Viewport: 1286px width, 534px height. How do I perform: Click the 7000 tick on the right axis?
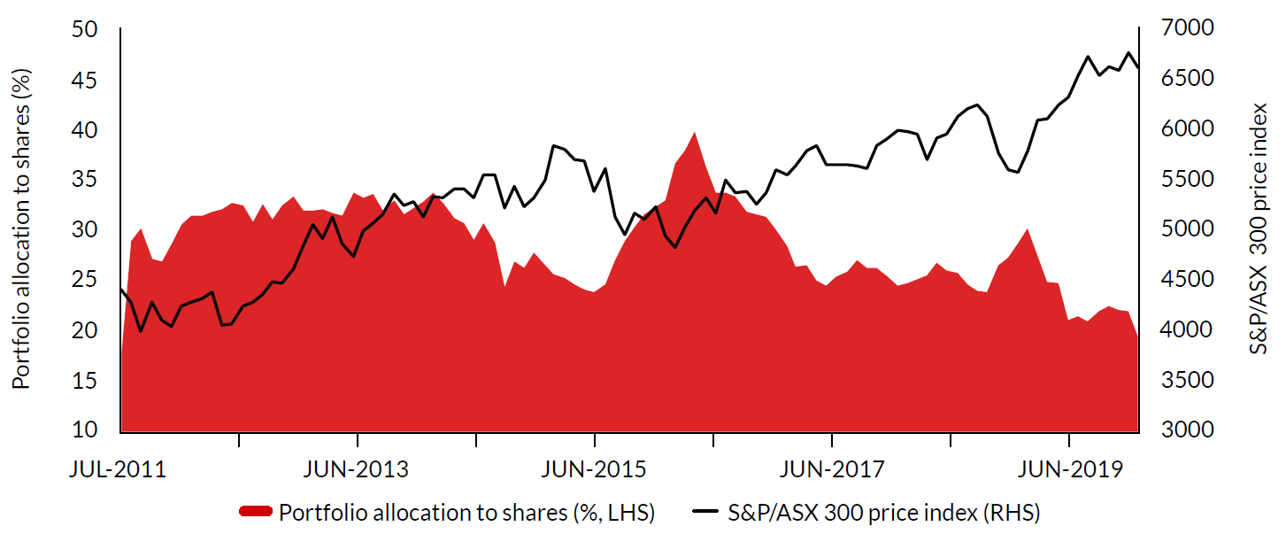[1171, 30]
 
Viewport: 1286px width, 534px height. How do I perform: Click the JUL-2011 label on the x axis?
[117, 468]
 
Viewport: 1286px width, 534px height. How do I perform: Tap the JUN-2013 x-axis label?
[356, 468]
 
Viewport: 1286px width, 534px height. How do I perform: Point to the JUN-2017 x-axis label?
[831, 468]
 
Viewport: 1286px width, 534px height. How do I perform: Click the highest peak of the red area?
[695, 132]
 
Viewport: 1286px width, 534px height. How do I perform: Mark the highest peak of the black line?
[1128, 52]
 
